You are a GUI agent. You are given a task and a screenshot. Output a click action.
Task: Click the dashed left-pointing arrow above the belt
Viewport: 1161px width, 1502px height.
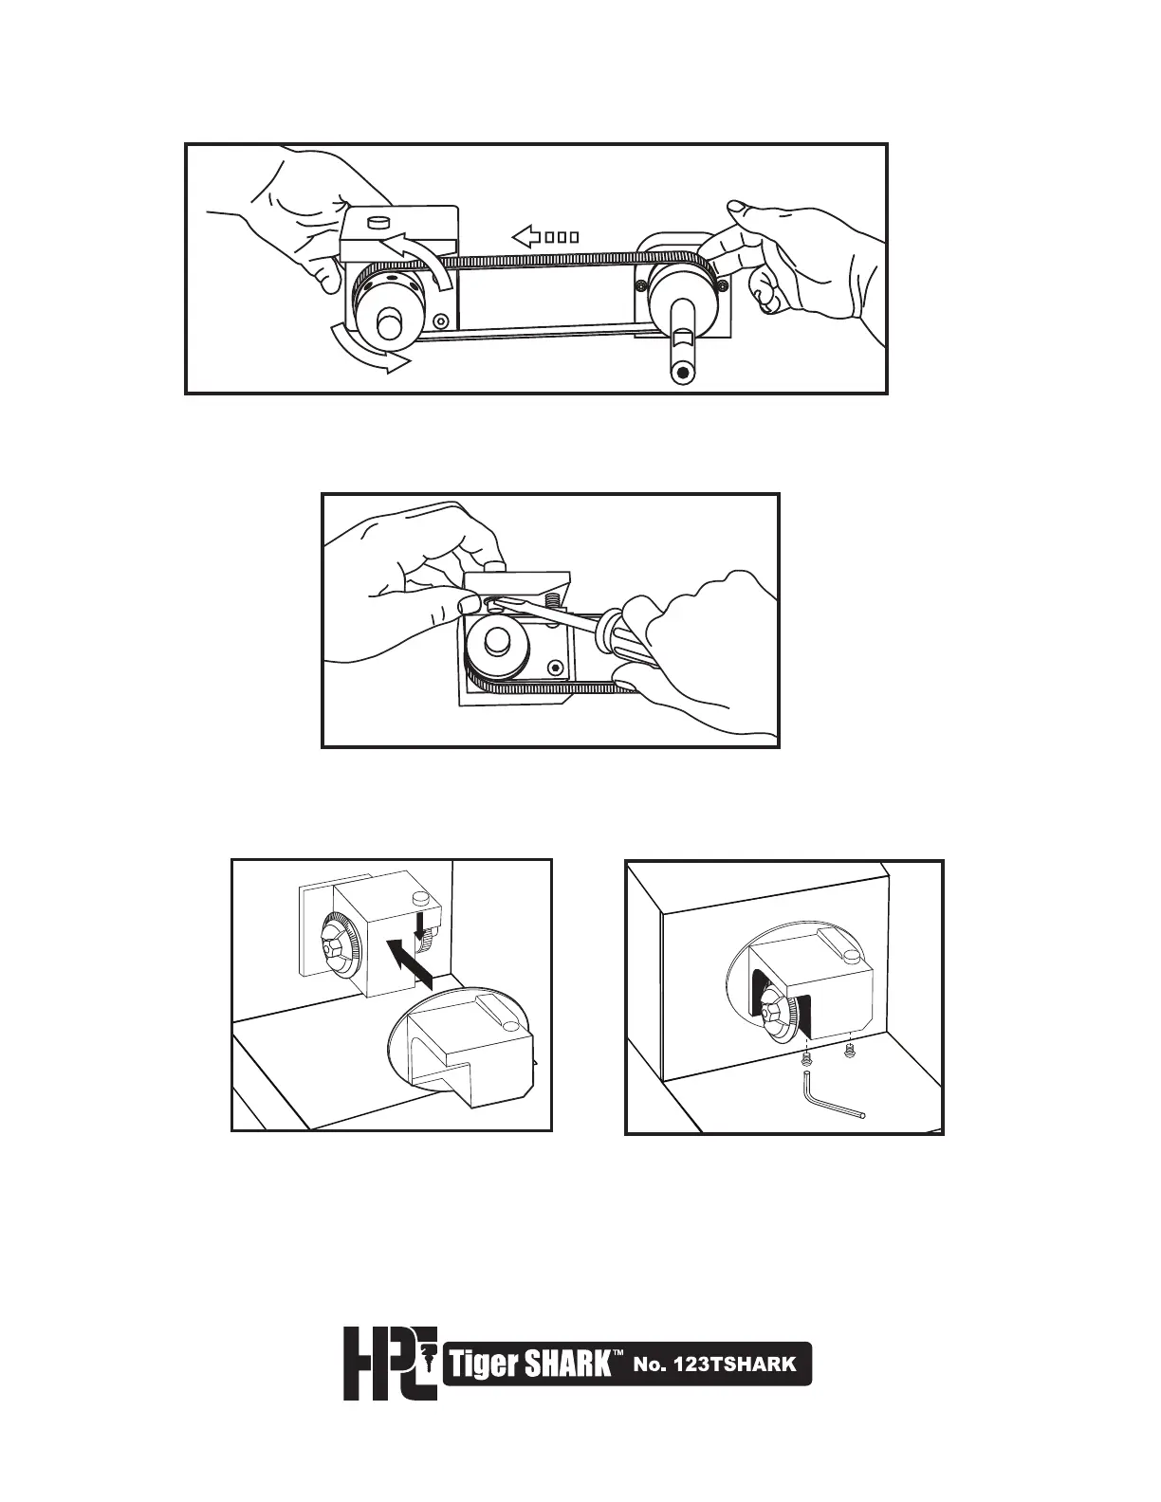pos(544,235)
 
